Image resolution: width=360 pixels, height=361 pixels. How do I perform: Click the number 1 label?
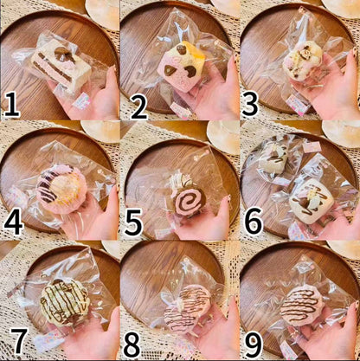(x=11, y=104)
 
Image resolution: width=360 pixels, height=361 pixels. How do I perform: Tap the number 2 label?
(x=138, y=106)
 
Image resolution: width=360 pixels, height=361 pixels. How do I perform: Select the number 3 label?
(x=250, y=104)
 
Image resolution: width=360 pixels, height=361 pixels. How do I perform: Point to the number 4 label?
(x=14, y=222)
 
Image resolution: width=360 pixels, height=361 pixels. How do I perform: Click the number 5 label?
(x=133, y=222)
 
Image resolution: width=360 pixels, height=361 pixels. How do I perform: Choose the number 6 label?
(x=254, y=222)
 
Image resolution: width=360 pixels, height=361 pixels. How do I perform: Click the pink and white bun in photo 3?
(x=301, y=61)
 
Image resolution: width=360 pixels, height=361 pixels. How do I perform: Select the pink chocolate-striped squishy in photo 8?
(x=188, y=309)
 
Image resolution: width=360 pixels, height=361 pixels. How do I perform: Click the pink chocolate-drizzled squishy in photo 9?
(x=302, y=306)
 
